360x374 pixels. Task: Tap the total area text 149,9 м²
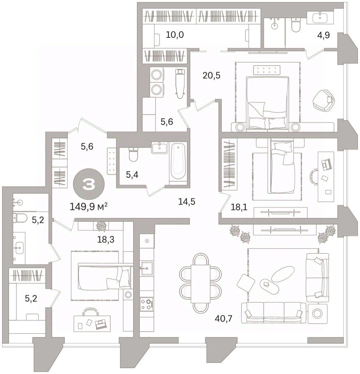pyautogui.click(x=88, y=207)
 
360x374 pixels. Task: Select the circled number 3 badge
pyautogui.click(x=88, y=185)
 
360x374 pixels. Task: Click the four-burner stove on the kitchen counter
pyautogui.click(x=147, y=304)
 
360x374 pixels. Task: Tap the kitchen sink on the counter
pyautogui.click(x=147, y=268)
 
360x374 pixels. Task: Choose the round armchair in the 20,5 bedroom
pyautogui.click(x=323, y=100)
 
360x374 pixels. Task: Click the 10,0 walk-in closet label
pyautogui.click(x=175, y=35)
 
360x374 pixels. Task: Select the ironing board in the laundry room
pyautogui.click(x=180, y=83)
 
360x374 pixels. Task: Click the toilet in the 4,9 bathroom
pyautogui.click(x=296, y=25)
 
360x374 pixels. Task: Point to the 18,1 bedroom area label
pyautogui.click(x=239, y=207)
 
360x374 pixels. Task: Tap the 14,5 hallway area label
pyautogui.click(x=187, y=202)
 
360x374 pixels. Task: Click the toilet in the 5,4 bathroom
pyautogui.click(x=133, y=154)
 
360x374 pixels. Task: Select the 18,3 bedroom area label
pyautogui.click(x=106, y=239)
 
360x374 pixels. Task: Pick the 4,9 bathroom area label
pyautogui.click(x=324, y=35)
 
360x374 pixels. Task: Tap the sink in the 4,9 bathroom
pyautogui.click(x=321, y=17)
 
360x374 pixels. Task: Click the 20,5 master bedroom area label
pyautogui.click(x=211, y=76)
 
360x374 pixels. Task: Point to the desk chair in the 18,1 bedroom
pyautogui.click(x=314, y=177)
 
